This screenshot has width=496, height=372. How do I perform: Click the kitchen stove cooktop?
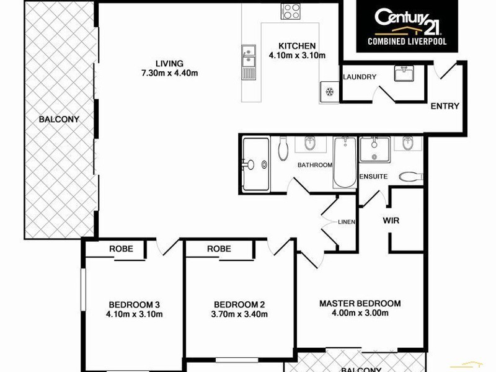click(290, 11)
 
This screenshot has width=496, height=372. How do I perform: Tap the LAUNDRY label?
click(360, 77)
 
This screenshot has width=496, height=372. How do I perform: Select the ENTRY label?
click(445, 106)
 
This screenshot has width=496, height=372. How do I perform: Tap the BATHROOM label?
click(315, 165)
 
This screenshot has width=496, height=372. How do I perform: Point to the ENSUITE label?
click(374, 177)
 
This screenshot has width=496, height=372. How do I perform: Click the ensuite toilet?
click(410, 176)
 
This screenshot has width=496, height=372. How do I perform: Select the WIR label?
click(391, 220)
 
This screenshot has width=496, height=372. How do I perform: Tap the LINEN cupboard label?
click(345, 221)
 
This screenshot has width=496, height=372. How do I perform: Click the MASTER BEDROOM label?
click(360, 303)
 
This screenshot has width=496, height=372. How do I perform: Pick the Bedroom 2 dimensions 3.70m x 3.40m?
click(239, 314)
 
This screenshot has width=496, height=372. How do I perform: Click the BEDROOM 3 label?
click(135, 304)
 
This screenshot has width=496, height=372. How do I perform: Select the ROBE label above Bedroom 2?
click(219, 249)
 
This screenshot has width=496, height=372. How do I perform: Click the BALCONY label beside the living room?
click(59, 119)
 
